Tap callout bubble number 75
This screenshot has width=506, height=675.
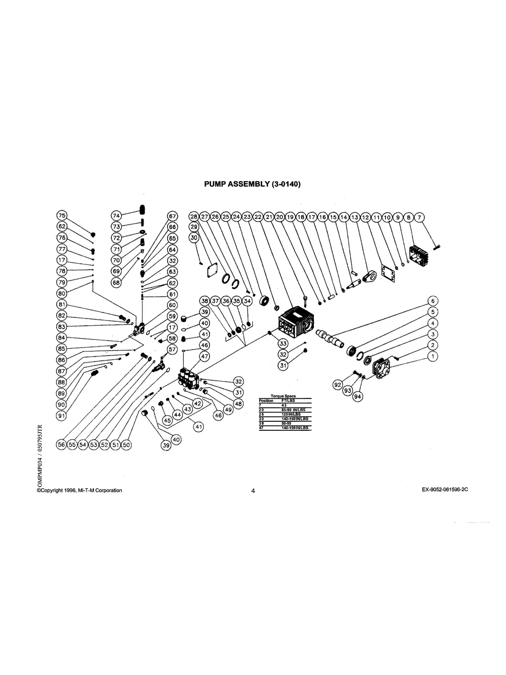[x=62, y=216]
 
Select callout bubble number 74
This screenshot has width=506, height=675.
[x=116, y=216]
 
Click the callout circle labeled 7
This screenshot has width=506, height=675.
[x=420, y=216]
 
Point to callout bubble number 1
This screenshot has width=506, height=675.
[x=432, y=355]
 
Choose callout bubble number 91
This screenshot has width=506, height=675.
[x=62, y=415]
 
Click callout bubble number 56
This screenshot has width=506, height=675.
[x=62, y=444]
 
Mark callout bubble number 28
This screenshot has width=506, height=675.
[x=194, y=216]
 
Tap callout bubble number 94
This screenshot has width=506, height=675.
[x=358, y=397]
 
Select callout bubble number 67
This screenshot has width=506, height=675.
[x=172, y=216]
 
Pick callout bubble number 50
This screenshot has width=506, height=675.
[x=126, y=444]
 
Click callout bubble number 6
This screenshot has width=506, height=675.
[x=432, y=301]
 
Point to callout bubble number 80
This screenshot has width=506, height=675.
[x=62, y=293]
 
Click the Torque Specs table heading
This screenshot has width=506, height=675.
[x=283, y=396]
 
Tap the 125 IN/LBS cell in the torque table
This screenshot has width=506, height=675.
[x=291, y=414]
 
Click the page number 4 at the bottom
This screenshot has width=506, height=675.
[x=253, y=491]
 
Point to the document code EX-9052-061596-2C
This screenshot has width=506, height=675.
[x=445, y=490]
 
